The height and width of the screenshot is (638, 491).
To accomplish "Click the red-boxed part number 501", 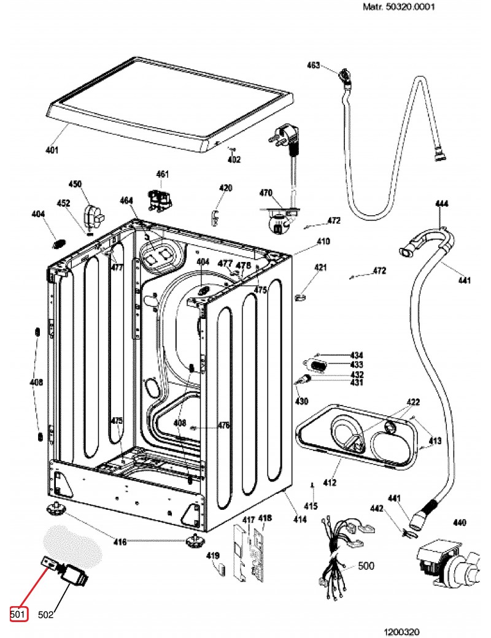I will pyautogui.click(x=18, y=613).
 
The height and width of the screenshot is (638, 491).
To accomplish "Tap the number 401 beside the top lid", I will pyautogui.click(x=52, y=150).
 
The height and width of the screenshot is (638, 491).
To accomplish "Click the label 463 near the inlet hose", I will pyautogui.click(x=314, y=65).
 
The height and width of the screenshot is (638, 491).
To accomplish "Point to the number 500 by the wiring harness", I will pyautogui.click(x=366, y=566).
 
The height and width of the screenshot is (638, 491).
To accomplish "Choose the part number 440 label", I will pyautogui.click(x=459, y=523).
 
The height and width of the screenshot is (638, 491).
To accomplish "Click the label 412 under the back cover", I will pyautogui.click(x=330, y=483).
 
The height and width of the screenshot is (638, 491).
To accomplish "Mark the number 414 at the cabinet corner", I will pyautogui.click(x=300, y=520).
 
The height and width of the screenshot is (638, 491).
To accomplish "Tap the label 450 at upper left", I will pyautogui.click(x=75, y=184).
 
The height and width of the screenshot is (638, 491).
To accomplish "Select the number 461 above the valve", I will pyautogui.click(x=162, y=174).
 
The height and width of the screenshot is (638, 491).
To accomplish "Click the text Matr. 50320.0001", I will pyautogui.click(x=386, y=8).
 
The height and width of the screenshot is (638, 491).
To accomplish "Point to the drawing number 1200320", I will pyautogui.click(x=402, y=631).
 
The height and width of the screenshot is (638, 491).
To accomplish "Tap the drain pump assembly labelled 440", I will pyautogui.click(x=448, y=561).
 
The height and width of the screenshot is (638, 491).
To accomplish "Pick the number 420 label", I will pyautogui.click(x=226, y=188).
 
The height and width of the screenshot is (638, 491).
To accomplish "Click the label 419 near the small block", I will pyautogui.click(x=212, y=556).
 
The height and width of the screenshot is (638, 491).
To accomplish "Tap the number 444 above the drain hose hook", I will pyautogui.click(x=442, y=203).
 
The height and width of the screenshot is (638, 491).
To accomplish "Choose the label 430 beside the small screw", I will pyautogui.click(x=301, y=402).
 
